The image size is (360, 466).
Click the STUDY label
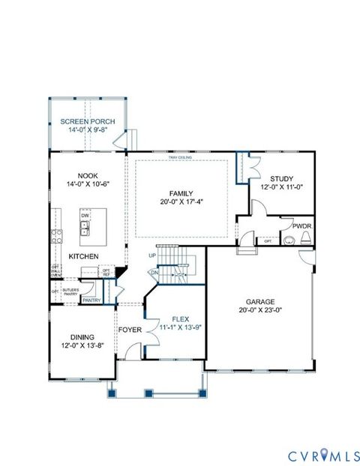pos(281,179)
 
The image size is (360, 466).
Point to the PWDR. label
pos(302,225)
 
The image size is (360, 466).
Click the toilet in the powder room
pos(304,239)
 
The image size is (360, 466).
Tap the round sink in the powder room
pos(288,240)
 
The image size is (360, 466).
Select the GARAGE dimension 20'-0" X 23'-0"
pos(260,309)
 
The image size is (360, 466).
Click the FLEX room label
pos(180,318)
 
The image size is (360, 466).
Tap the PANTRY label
pos(91,300)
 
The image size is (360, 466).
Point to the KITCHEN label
pos(84,256)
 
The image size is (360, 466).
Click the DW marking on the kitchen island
pos(85,216)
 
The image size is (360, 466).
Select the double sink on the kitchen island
pos(85,229)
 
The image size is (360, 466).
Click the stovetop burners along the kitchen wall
pos(56,237)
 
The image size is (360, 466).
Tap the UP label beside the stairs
pos(153,255)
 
